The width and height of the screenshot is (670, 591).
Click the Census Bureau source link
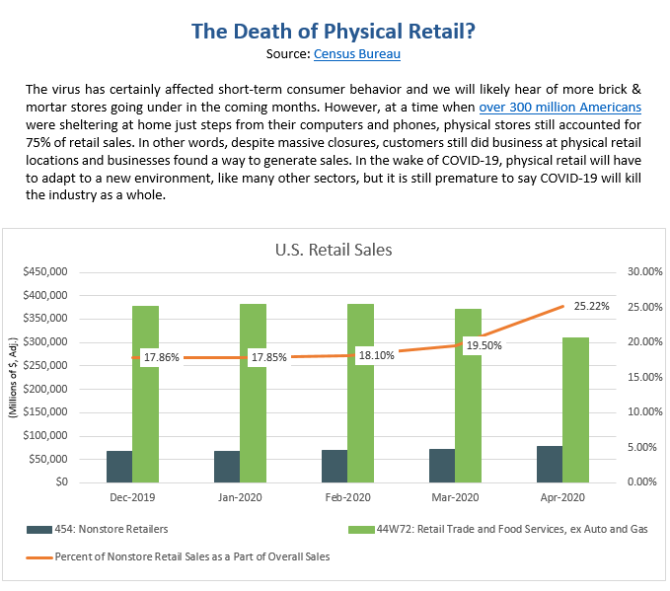coord(357,53)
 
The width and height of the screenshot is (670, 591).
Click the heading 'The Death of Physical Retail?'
coord(334,31)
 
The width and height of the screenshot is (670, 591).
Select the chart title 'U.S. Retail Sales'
coord(334,250)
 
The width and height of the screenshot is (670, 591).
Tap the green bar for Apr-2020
coord(576,409)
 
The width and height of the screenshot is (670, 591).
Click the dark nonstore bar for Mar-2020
coord(442,466)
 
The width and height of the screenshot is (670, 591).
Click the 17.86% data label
coord(161,357)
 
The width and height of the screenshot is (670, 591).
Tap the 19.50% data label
coord(484,345)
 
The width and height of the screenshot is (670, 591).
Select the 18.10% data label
coord(376,354)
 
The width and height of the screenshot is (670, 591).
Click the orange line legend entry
coord(178,557)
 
